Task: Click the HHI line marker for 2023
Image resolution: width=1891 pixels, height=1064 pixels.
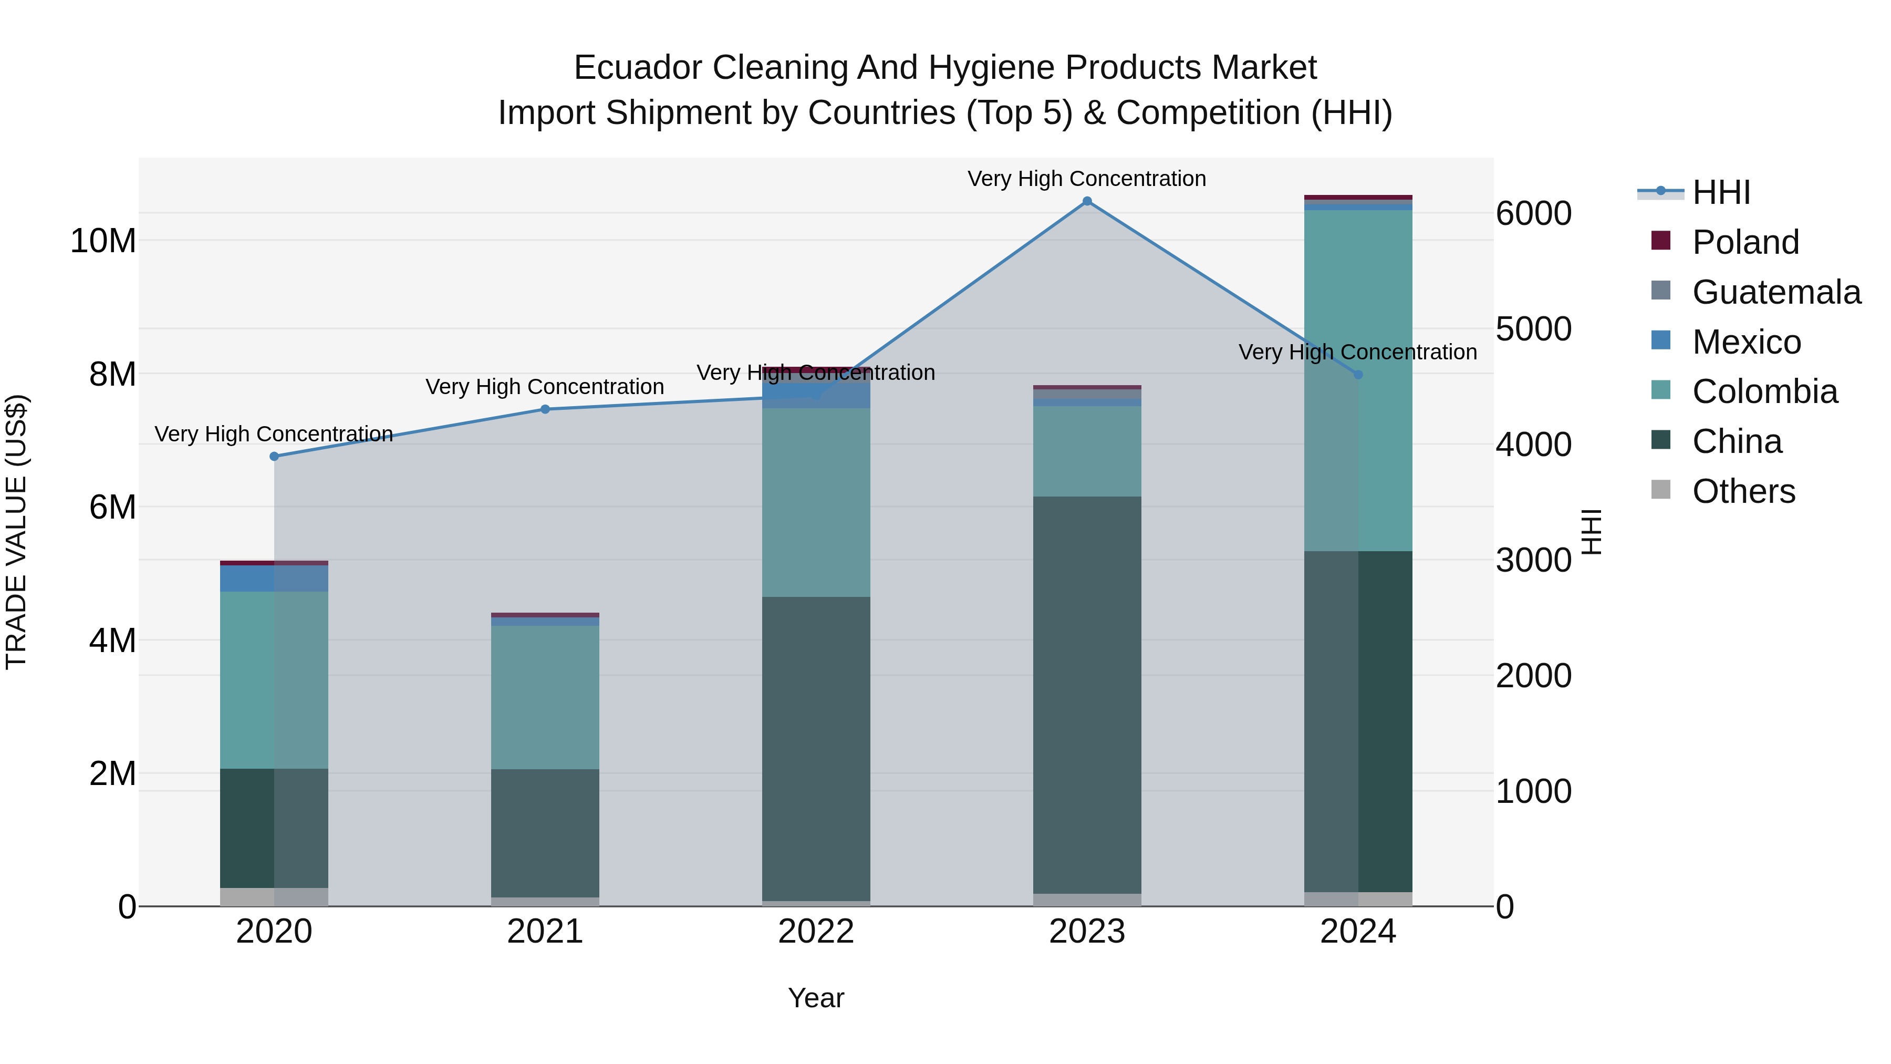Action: (x=1087, y=201)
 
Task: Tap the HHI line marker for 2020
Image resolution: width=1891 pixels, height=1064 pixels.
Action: (x=275, y=456)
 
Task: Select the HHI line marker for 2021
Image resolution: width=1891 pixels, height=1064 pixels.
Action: (x=545, y=409)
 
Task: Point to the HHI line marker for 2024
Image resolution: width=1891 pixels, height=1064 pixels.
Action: (x=1358, y=375)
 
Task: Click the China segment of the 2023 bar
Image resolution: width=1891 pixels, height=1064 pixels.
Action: (x=1087, y=694)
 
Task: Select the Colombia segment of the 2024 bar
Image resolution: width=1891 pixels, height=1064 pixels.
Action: (x=1358, y=380)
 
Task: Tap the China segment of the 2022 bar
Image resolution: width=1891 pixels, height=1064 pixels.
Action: (x=816, y=748)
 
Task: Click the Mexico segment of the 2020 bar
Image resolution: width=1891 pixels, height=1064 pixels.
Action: (x=275, y=579)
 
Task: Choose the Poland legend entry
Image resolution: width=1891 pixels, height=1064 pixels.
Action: (x=1745, y=242)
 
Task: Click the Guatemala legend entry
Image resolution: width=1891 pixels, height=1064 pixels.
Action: (x=1776, y=292)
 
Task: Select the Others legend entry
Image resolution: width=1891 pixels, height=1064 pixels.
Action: (x=1743, y=491)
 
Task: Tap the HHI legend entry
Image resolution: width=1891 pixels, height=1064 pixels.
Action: (x=1721, y=192)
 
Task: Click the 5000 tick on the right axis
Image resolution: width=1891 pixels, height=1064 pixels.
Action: (x=1533, y=329)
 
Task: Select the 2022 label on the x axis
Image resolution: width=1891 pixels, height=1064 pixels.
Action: (x=816, y=932)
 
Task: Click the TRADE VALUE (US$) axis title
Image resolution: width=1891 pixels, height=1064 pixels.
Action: (x=16, y=532)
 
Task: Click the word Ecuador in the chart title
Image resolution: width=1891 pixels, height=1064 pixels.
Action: (x=639, y=68)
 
